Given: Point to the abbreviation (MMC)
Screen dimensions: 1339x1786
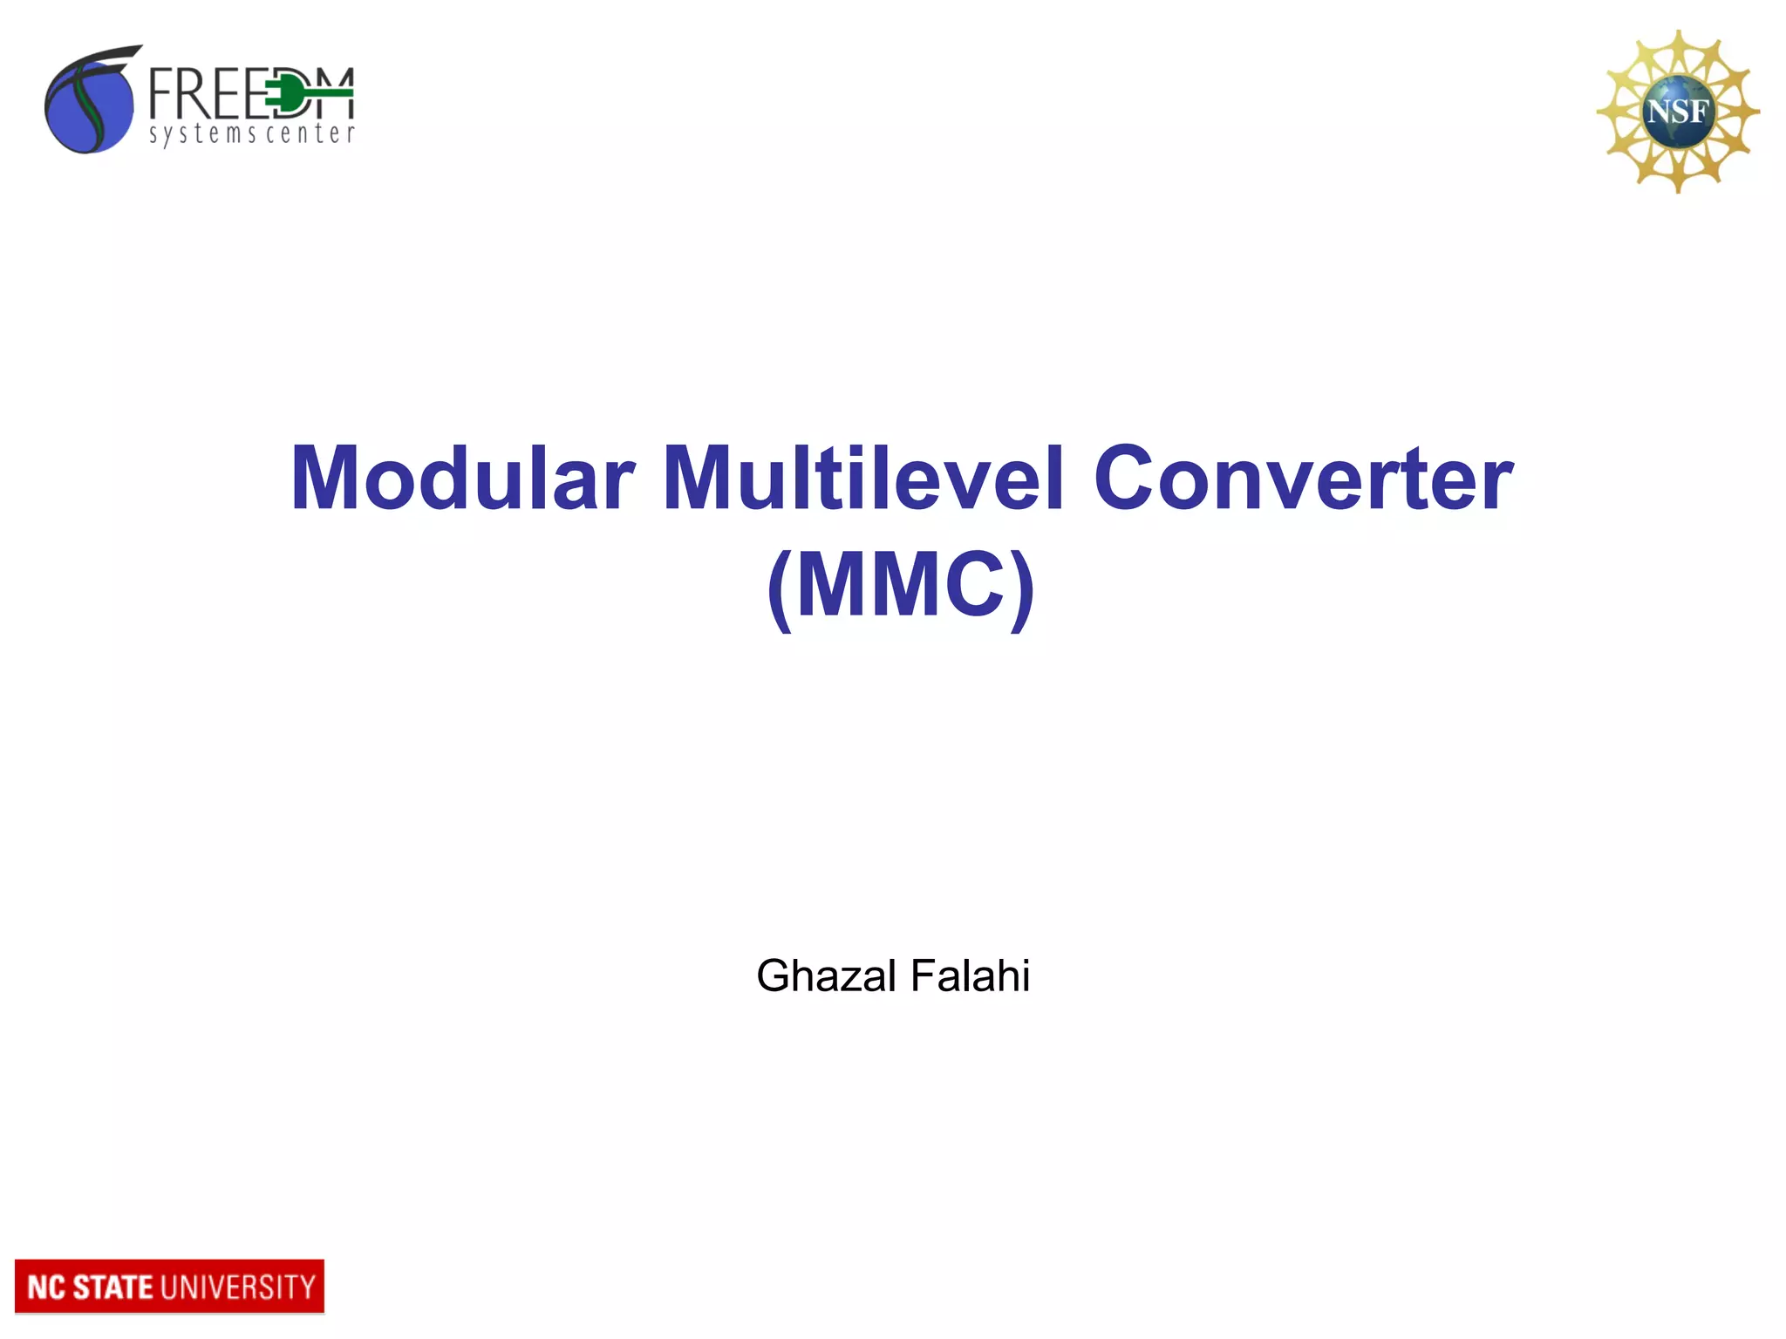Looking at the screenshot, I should click(901, 584).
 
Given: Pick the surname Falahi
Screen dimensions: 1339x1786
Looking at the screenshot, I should click(970, 975).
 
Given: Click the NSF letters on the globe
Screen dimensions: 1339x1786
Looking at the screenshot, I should click(1676, 112).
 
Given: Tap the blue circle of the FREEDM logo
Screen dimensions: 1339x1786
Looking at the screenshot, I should click(87, 106).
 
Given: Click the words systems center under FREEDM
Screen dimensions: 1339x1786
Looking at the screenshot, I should click(251, 133).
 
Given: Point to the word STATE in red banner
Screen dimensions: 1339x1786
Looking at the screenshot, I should click(112, 1288).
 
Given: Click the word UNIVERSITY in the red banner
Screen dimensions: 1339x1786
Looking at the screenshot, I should click(238, 1288).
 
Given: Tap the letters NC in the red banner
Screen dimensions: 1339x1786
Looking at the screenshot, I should click(45, 1288).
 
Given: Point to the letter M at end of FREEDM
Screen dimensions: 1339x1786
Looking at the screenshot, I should click(332, 93).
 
